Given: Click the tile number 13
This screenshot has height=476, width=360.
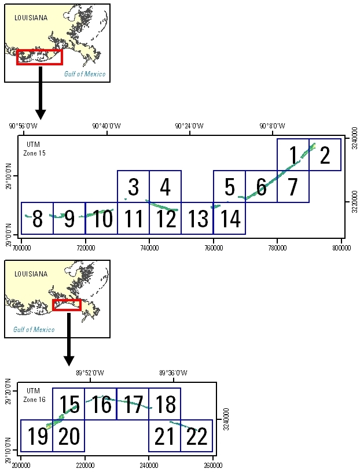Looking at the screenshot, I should point(198,219).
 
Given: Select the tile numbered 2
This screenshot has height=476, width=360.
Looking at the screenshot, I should point(325,155).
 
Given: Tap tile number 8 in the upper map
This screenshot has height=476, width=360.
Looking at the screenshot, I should point(37,219).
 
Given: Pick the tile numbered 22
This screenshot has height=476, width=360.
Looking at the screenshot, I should point(197,436).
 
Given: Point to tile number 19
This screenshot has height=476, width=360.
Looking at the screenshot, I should point(37,436).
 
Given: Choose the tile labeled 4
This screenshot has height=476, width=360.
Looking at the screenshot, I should point(165,187).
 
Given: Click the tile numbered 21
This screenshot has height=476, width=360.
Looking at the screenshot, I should point(165,436).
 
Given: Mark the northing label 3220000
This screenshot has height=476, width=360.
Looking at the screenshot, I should point(352,203).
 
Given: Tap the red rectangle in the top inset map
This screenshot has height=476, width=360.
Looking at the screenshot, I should point(39,57).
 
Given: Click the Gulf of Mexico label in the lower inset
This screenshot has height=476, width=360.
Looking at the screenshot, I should point(34,330).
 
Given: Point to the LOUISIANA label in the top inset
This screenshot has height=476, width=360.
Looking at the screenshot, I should point(31,18).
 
